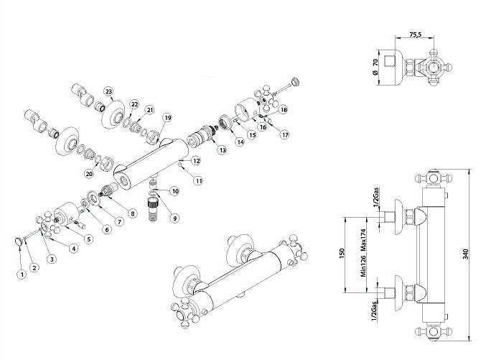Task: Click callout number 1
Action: pos(22,273)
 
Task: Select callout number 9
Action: pos(175,218)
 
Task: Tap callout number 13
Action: pos(223,149)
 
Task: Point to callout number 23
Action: pos(108,91)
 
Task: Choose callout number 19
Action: pos(168,117)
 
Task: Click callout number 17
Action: pos(285,134)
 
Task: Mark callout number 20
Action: pos(89,173)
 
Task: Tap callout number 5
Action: pos(89,239)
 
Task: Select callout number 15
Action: pos(252,134)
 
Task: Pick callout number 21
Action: pos(150,109)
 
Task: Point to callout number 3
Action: pos(52,258)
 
